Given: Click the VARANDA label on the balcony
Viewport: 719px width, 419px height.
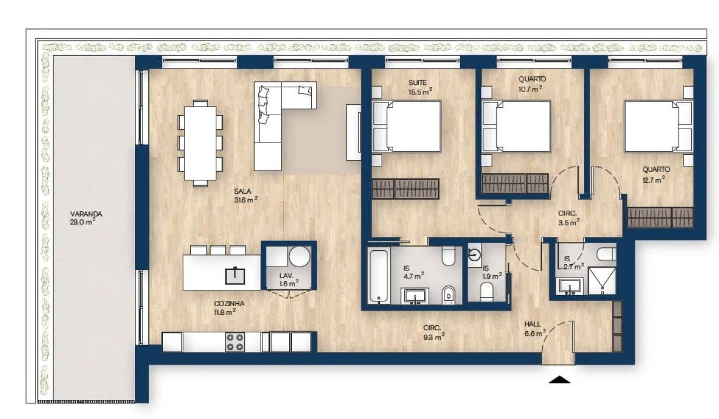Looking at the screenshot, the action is pos(86,214).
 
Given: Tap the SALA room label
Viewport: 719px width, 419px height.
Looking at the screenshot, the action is pos(243,191).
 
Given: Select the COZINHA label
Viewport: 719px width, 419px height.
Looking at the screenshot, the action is pos(229,303).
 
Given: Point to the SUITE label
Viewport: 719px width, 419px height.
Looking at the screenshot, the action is pos(418,83).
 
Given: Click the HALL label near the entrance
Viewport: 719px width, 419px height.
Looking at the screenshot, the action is pos(532,324).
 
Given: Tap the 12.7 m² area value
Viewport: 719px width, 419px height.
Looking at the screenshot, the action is pos(653,180).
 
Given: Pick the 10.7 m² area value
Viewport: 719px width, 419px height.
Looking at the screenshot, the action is pos(531,88).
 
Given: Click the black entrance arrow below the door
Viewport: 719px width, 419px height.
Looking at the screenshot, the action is pos(560,379).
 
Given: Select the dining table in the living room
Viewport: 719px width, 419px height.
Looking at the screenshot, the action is pos(200,143).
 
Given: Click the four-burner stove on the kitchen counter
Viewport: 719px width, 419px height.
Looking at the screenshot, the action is pos(235,342).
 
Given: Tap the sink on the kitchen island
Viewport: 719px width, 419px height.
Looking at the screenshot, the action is pos(235,276).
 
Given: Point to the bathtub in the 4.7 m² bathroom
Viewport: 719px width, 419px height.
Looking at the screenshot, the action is pos(379,275).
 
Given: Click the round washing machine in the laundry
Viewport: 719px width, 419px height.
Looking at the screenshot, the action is pos(300,257).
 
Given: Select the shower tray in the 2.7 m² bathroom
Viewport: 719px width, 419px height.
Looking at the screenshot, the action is pos(602,281).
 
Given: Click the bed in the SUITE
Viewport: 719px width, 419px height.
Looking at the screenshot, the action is pos(407,126).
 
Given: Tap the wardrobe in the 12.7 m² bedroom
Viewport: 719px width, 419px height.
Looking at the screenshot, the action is pos(660,218).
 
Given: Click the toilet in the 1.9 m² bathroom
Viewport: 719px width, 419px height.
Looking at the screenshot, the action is pos(487,292).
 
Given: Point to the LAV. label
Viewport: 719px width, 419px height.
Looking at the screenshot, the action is pos(286,275).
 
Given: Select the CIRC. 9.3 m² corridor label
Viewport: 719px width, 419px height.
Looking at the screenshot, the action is pos(433,332).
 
